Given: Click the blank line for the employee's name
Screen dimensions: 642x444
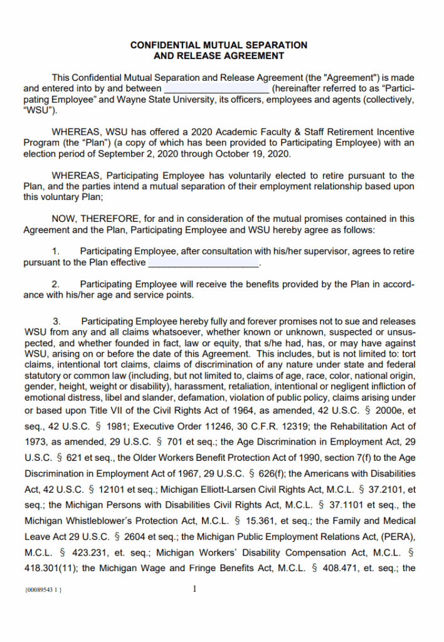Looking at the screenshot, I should (216, 89).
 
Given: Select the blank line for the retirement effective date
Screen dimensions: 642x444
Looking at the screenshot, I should (203, 263).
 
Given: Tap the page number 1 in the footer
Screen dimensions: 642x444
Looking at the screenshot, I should (195, 589).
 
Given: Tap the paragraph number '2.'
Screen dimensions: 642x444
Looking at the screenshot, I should (56, 284).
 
